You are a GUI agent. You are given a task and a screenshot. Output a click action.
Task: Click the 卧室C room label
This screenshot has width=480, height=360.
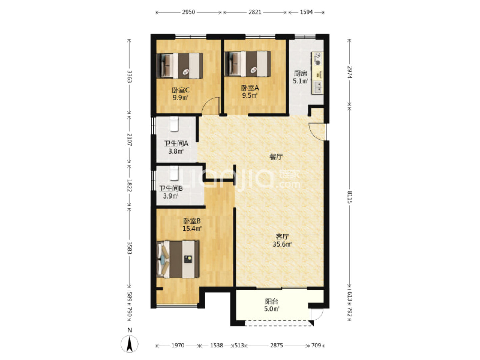(180, 90)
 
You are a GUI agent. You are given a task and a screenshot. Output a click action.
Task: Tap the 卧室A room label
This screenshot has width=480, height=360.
(250, 88)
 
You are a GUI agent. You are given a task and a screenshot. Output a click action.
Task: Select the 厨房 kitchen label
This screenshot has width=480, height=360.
(300, 73)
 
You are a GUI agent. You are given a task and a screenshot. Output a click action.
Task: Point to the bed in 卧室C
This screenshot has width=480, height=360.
(180, 66)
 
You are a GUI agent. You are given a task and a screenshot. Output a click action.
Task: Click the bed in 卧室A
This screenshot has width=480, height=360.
(248, 64)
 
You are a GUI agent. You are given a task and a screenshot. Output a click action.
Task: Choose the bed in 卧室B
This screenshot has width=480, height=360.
(178, 259)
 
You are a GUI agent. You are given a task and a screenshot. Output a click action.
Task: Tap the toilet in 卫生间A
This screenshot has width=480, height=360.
(174, 124)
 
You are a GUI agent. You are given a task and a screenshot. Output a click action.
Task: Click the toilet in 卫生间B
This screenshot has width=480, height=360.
(174, 173)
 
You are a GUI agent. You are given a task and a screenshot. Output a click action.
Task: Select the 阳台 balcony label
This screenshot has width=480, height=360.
(272, 302)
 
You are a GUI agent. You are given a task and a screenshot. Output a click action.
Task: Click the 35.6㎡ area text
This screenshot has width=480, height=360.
(282, 244)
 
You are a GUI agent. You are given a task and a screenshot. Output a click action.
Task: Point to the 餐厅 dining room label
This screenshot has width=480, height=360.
(276, 157)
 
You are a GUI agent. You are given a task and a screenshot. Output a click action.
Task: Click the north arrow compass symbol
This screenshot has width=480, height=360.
(130, 344)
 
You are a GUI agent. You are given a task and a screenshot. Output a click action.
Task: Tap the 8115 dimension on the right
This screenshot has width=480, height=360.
(350, 197)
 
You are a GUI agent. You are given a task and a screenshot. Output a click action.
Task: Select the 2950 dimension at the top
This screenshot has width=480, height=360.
(189, 12)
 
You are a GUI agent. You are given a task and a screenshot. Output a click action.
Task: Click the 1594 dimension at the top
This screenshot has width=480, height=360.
(306, 12)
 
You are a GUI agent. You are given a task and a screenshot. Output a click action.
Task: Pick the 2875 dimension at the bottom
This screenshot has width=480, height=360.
(276, 345)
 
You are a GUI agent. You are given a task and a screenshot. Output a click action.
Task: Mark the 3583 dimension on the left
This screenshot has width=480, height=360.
(129, 248)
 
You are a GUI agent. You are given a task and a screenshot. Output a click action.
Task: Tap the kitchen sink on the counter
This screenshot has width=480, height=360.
(318, 87)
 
